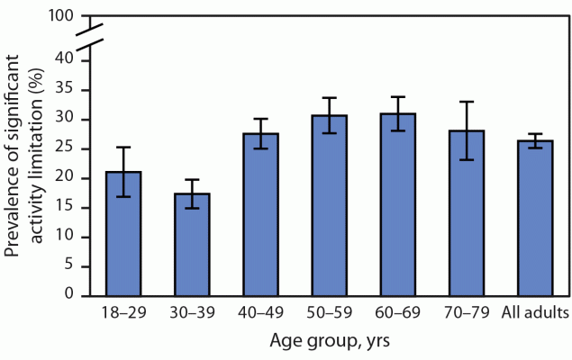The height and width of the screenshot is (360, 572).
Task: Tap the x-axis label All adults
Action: click(537, 314)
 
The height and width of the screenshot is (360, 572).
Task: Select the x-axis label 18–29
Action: click(123, 314)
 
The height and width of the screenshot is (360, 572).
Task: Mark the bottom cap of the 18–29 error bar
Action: click(123, 196)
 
